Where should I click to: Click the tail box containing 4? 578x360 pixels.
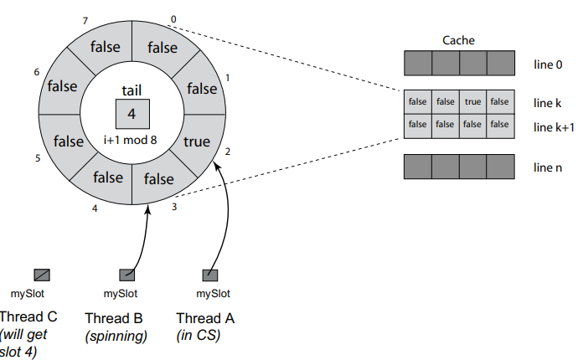[132, 114]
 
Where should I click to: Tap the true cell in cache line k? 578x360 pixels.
[472, 101]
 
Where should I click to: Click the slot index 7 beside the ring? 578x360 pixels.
[85, 21]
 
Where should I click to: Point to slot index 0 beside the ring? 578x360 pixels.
[173, 19]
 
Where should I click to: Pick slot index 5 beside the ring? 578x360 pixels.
[38, 158]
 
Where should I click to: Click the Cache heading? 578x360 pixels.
[458, 40]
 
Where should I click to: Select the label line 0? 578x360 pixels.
[548, 64]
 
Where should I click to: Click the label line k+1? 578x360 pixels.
[554, 127]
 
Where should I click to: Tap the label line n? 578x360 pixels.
[548, 167]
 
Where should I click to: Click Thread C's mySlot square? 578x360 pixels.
[42, 275]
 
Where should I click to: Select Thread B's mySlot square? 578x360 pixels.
[127, 275]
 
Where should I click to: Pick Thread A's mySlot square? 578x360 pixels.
[210, 275]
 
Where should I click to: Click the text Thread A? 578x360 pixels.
[205, 318]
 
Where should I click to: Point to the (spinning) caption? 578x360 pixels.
[116, 336]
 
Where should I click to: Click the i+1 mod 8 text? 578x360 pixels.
[130, 140]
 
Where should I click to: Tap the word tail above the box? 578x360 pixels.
[132, 90]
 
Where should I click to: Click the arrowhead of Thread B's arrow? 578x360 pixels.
[147, 209]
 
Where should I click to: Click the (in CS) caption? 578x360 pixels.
[199, 336]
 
